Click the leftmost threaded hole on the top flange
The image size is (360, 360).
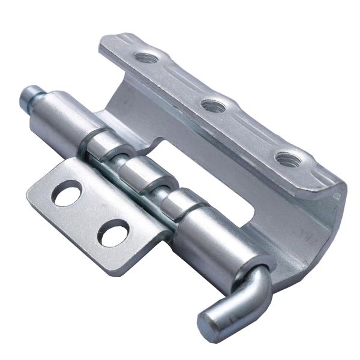(x=146, y=59)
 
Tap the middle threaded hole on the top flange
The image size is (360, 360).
(x=213, y=106)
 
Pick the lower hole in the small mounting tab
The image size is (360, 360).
(x=114, y=232)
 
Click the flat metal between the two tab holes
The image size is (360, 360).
(x=90, y=213)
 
